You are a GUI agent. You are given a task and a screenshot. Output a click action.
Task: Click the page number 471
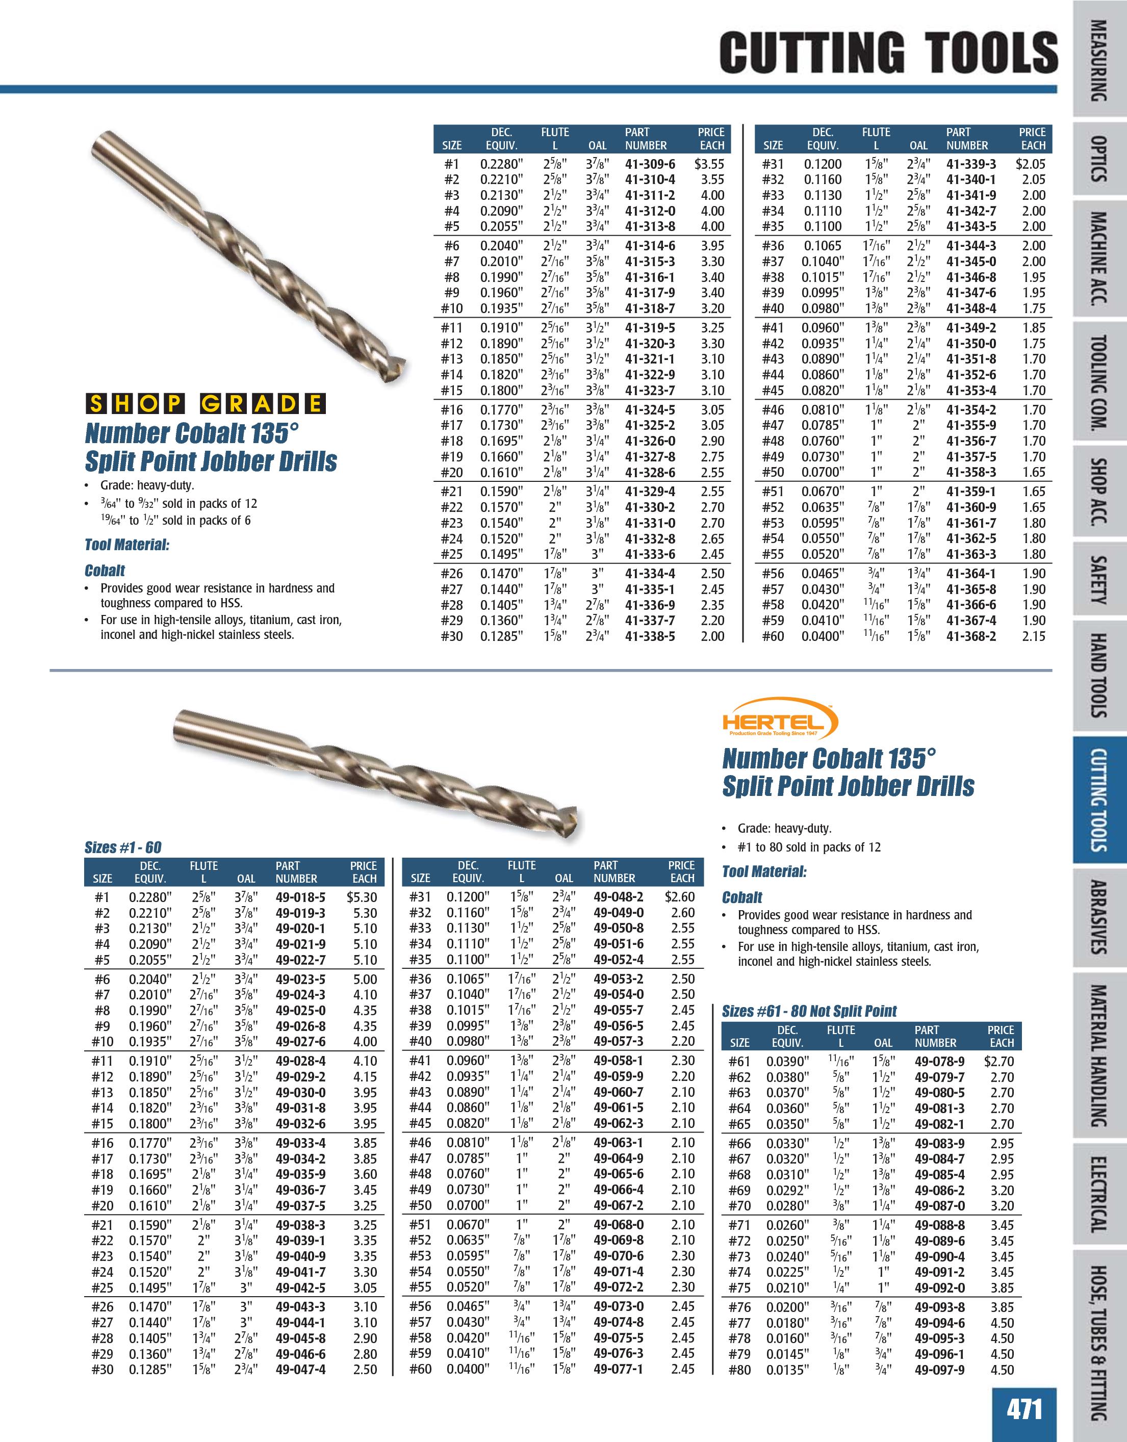pos(1024,1408)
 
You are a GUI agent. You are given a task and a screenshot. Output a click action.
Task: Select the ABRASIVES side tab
pos(1098,917)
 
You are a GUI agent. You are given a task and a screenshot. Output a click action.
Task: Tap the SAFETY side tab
pos(1098,581)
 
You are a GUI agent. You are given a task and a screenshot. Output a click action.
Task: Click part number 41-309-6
pos(650,164)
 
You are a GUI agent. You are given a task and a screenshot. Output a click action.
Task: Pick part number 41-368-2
pos(971,636)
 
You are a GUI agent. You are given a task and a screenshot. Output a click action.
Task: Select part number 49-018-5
pos(300,897)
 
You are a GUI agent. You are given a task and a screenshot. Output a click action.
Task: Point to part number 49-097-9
pos(939,1370)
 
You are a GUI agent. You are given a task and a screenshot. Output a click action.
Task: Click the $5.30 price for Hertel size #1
pos(362,897)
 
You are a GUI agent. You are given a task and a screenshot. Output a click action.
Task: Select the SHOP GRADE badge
pos(206,403)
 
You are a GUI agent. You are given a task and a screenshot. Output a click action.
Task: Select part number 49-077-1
pos(618,1370)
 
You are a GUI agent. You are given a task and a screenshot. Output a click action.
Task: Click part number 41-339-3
pos(971,164)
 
